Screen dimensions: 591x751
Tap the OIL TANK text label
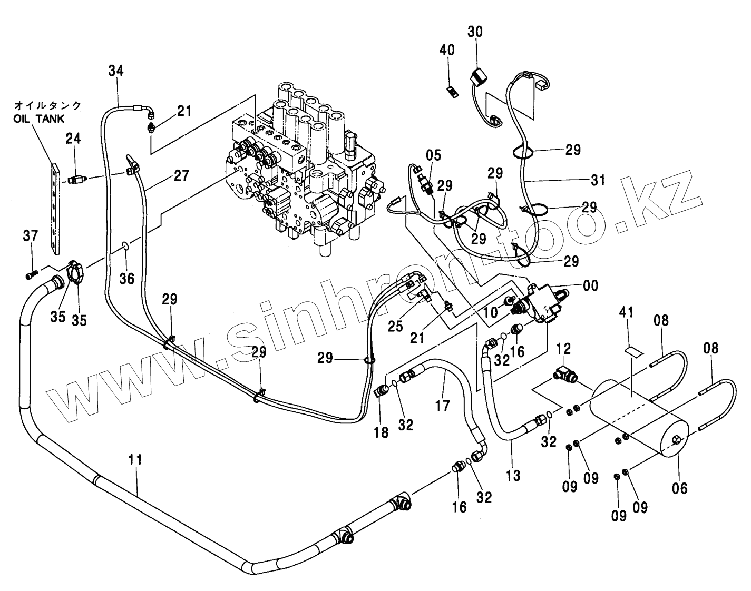tap(39, 119)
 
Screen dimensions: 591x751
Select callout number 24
tap(73, 139)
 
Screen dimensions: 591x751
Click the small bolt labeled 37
tap(31, 274)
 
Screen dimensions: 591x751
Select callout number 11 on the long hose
tap(135, 459)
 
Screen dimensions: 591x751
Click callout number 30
tap(475, 32)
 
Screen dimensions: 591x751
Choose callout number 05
tap(433, 155)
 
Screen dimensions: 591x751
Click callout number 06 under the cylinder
tap(680, 488)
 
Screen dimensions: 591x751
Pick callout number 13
tap(513, 476)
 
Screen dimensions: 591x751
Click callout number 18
tap(381, 432)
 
